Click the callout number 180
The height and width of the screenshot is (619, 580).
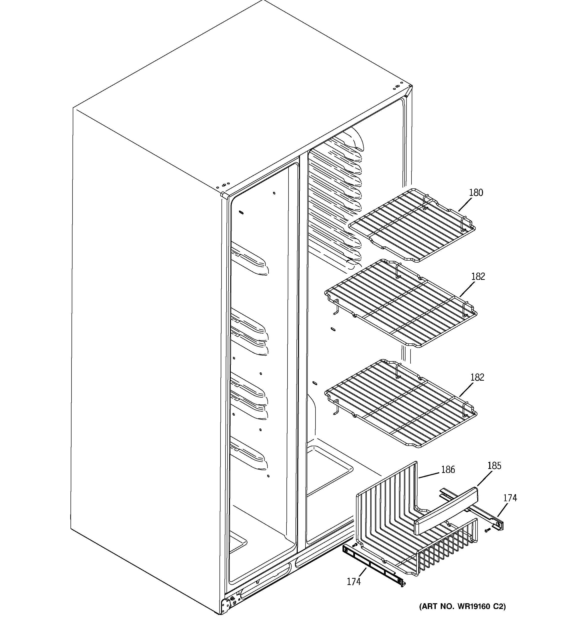pyautogui.click(x=476, y=193)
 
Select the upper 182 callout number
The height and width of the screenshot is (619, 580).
pyautogui.click(x=478, y=277)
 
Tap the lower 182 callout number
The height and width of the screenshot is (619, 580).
pyautogui.click(x=477, y=377)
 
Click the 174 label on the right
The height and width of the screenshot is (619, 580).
pyautogui.click(x=510, y=498)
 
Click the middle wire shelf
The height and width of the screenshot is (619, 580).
pyautogui.click(x=401, y=304)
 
